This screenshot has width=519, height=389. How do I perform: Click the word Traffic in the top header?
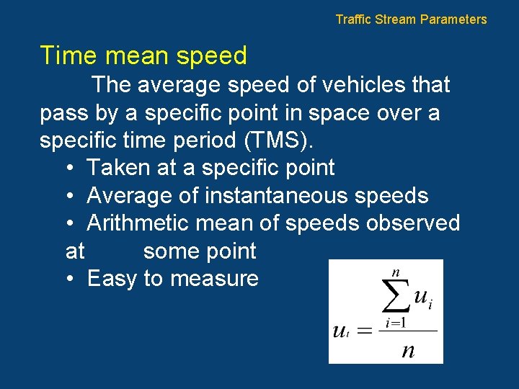pos(354,19)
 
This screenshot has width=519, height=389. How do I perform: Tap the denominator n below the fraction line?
pos(408,351)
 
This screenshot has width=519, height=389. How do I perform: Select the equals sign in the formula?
pos(365,331)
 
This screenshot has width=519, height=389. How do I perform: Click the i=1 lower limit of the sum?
pos(396,323)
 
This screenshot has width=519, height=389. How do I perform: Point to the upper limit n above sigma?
pos(395,272)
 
